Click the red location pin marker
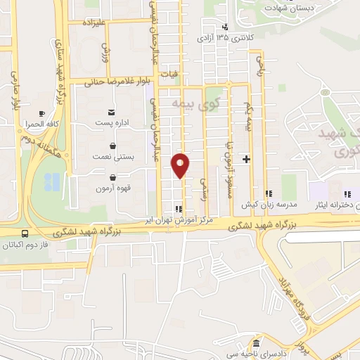[181, 165]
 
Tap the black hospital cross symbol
[246, 160]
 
